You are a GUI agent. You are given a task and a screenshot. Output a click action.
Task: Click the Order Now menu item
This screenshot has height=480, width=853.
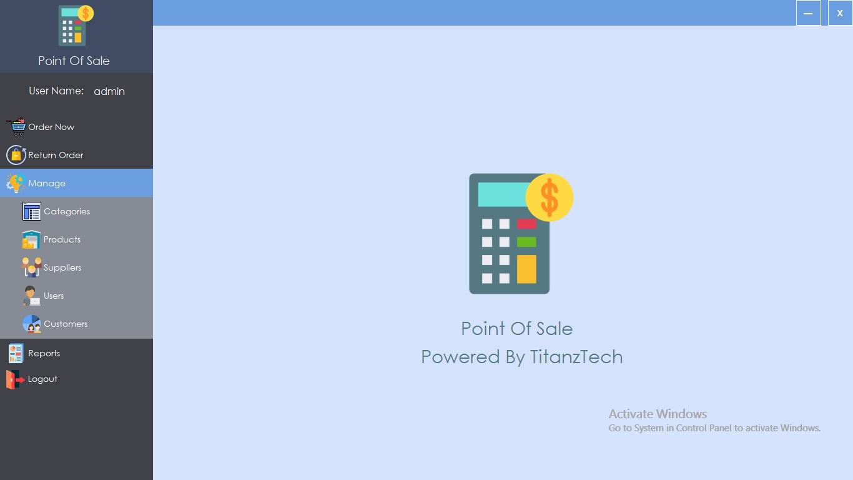[x=51, y=127]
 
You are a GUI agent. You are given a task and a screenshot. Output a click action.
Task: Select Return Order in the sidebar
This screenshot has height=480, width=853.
[x=56, y=155]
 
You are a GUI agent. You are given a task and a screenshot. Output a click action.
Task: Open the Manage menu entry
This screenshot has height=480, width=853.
[x=47, y=183]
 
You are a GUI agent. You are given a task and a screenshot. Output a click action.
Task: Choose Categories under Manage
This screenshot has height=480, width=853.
[x=67, y=211]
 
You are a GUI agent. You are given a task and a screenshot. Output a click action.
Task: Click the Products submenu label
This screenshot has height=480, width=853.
[x=62, y=239]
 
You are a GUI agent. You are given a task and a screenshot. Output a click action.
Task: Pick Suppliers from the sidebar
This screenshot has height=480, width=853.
[x=62, y=267]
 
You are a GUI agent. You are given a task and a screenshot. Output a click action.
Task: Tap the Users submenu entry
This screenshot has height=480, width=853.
[x=54, y=296]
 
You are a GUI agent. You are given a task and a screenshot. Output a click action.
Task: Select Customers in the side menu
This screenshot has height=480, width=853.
[x=66, y=324]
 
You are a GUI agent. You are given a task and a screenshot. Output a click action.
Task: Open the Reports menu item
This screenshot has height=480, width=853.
[x=44, y=353]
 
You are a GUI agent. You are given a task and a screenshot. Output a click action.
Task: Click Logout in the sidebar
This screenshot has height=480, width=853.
[x=42, y=379]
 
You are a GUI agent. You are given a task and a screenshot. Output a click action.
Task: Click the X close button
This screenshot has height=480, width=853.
[x=840, y=13]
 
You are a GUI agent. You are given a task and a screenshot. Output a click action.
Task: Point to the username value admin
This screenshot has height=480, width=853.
[x=109, y=91]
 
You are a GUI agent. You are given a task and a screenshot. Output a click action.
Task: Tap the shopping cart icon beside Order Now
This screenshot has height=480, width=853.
[x=17, y=127]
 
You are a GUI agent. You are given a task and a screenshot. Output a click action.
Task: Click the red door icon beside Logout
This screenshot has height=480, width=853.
[x=14, y=379]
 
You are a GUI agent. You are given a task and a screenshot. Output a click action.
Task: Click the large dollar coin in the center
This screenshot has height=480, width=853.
[x=550, y=197]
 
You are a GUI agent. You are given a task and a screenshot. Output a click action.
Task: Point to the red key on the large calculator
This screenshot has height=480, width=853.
[x=526, y=224]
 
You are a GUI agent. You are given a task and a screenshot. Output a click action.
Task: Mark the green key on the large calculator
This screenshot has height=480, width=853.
[x=526, y=242]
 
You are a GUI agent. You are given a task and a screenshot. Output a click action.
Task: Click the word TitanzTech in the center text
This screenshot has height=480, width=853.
[x=576, y=357]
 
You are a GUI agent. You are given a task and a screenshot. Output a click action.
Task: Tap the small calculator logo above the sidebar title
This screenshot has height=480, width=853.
[x=74, y=26]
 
